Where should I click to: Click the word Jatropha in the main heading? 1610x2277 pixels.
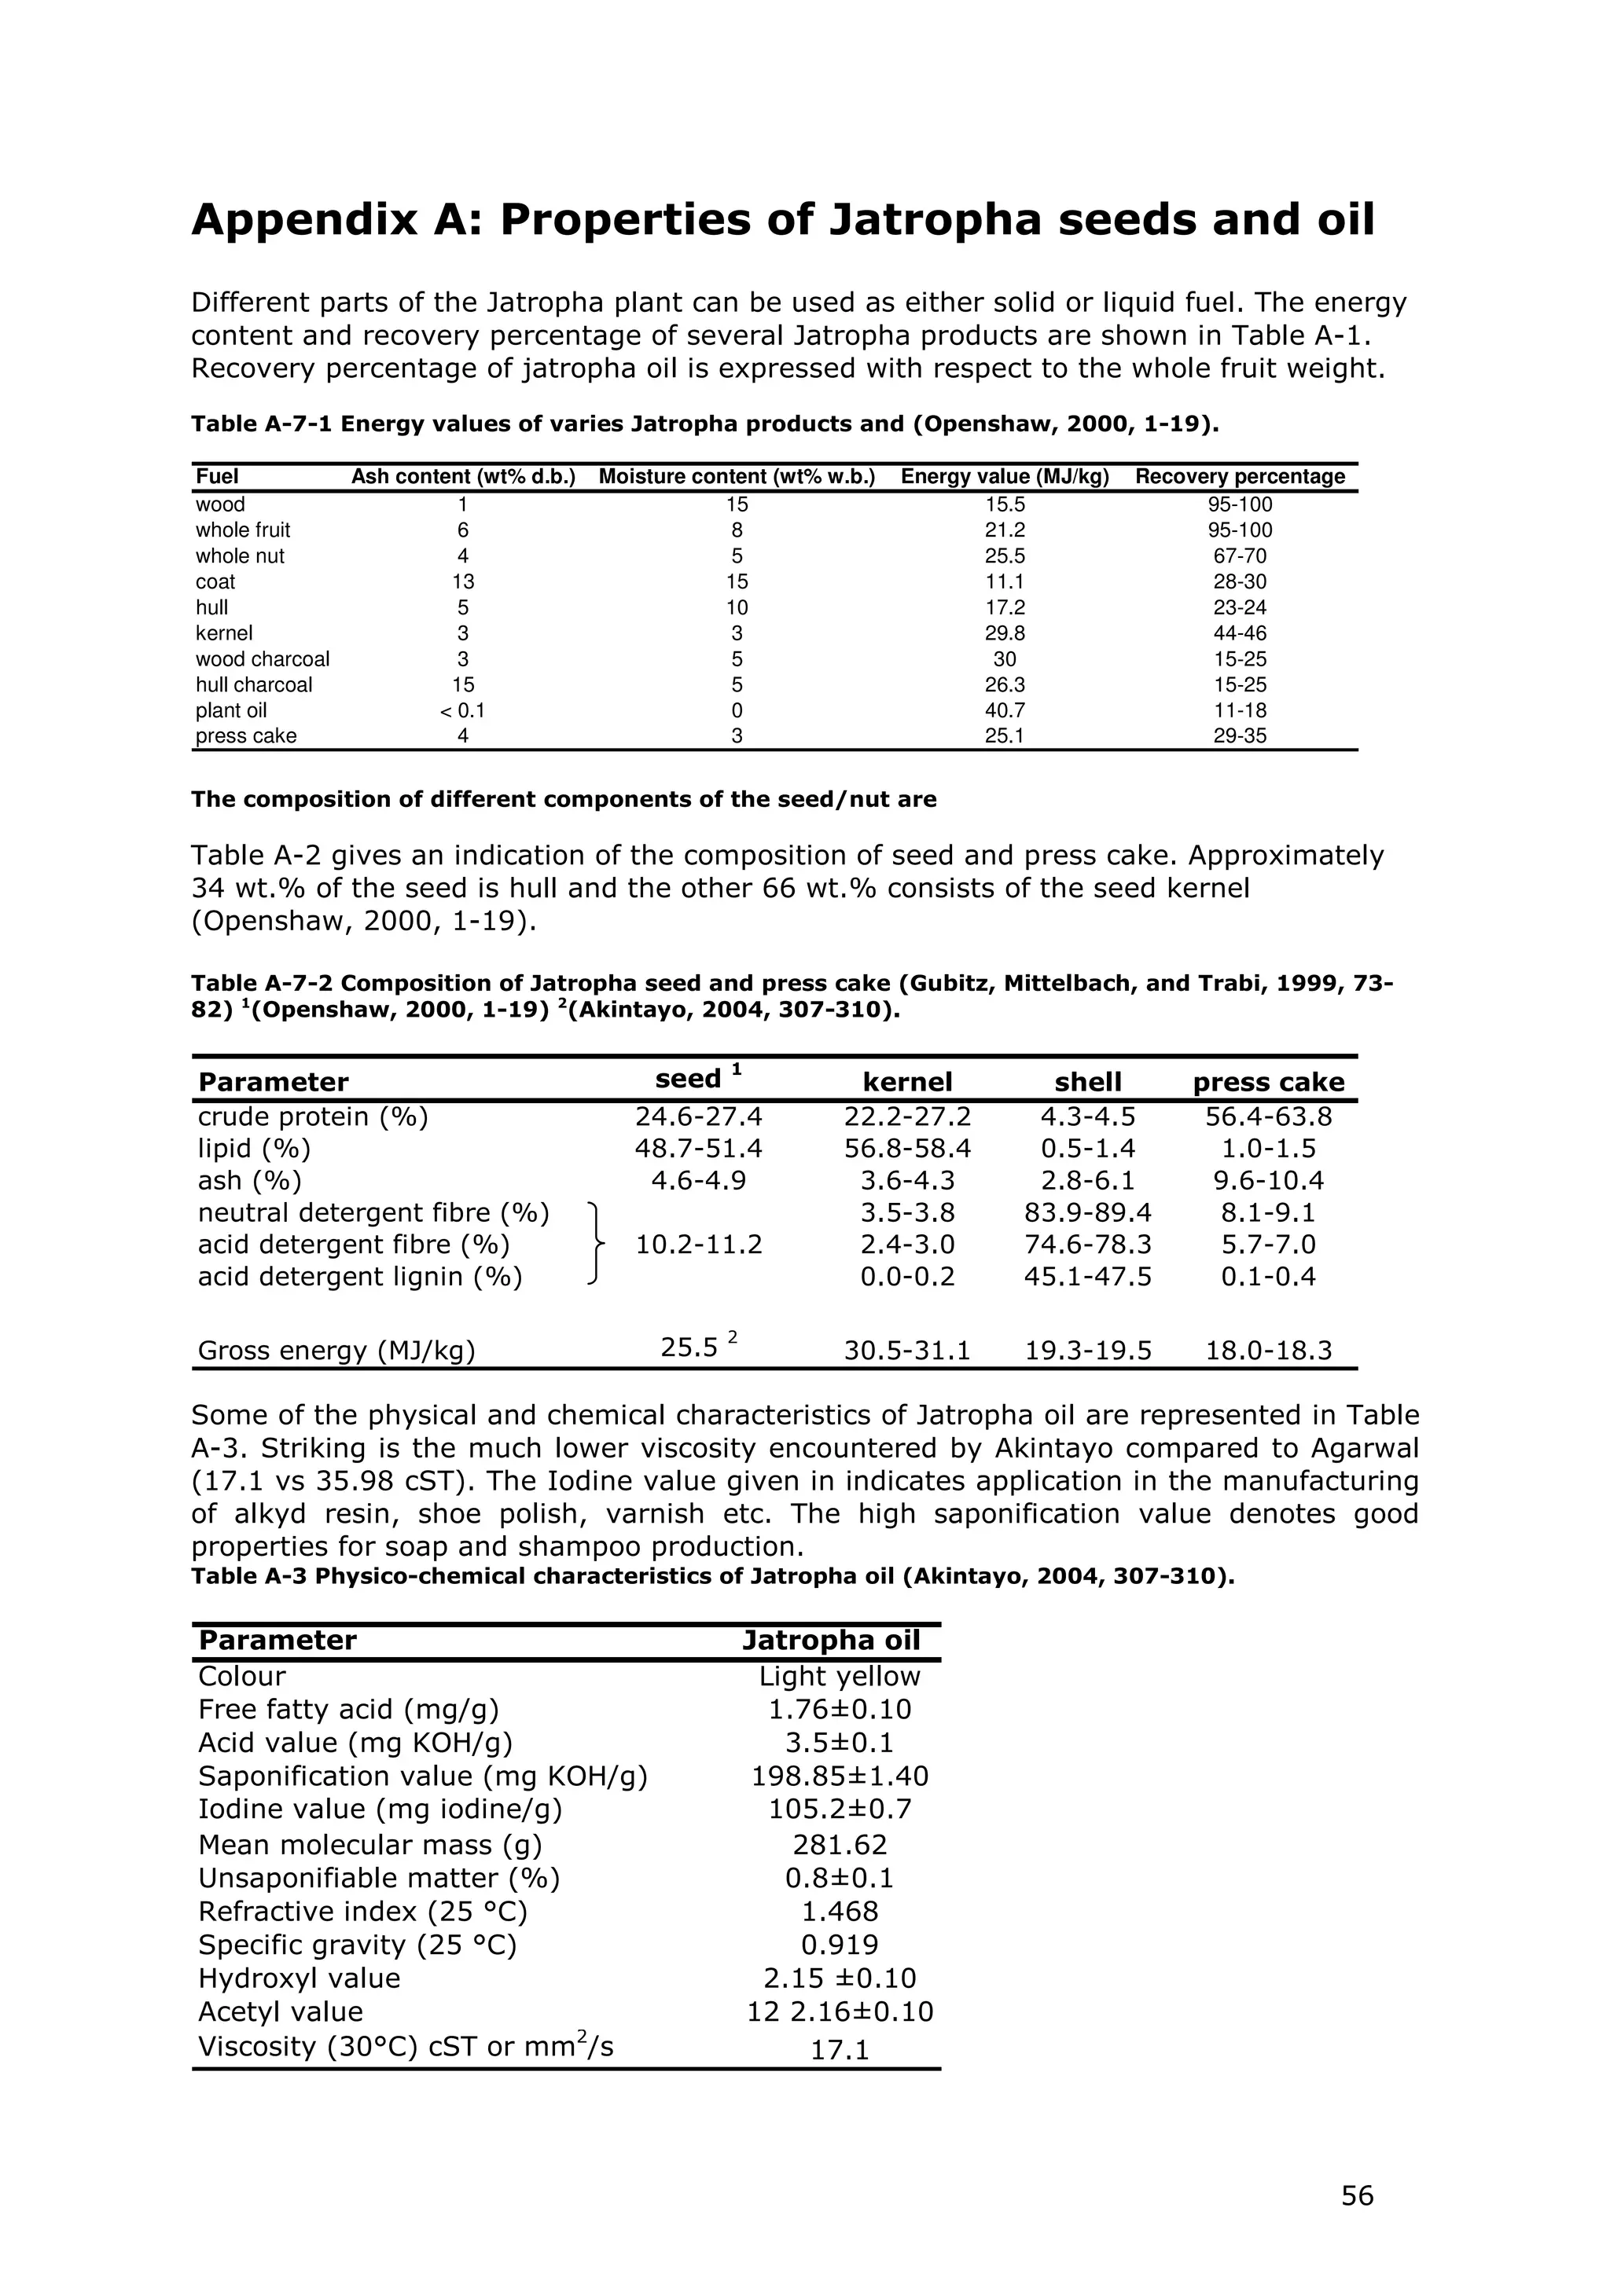(x=935, y=219)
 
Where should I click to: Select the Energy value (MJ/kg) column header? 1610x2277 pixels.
(x=1004, y=477)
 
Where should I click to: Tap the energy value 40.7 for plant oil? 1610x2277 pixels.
(x=1004, y=710)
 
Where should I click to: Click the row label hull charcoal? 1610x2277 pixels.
(x=254, y=684)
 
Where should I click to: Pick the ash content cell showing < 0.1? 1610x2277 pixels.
(x=462, y=710)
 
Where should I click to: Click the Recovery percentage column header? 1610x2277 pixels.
(x=1240, y=477)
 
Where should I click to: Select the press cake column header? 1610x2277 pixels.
(x=1268, y=1082)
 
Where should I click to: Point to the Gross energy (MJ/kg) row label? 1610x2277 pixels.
(x=336, y=1350)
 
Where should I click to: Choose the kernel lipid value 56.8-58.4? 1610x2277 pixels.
(x=906, y=1149)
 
